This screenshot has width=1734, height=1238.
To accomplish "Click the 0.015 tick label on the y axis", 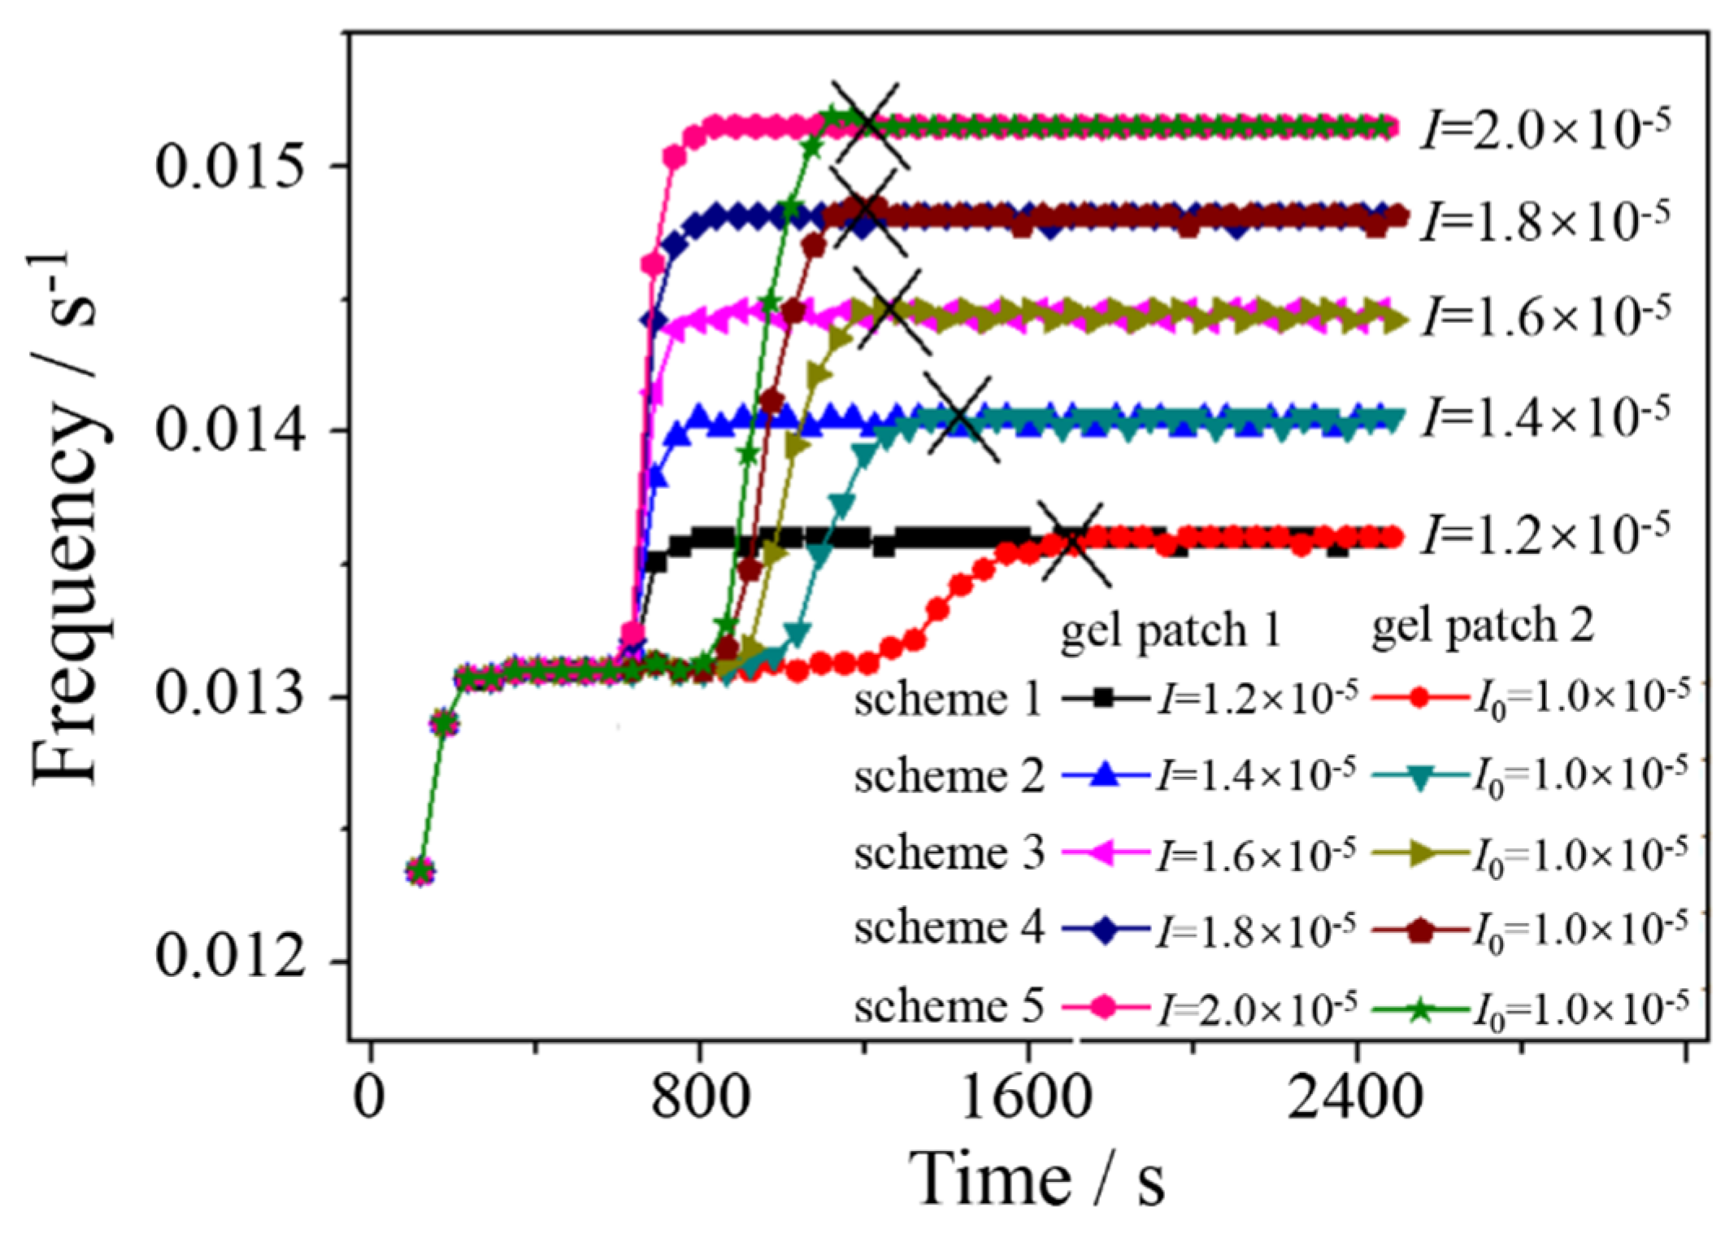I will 230,166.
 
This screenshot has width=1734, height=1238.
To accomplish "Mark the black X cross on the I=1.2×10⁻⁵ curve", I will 1073,543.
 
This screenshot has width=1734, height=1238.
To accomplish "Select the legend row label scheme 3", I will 948,853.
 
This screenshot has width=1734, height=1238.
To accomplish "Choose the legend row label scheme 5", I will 948,1006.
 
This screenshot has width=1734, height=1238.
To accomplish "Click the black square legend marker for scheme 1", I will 1103,698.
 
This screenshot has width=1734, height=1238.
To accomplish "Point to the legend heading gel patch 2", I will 1483,626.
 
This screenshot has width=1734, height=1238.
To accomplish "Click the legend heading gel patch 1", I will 1171,631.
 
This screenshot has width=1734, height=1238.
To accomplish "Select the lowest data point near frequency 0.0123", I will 420,872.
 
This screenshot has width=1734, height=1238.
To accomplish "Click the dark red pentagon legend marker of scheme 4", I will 1419,931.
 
